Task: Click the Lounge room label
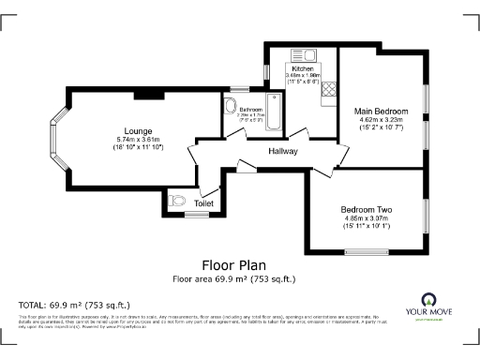pyautogui.click(x=138, y=130)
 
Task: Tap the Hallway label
pyautogui.click(x=283, y=151)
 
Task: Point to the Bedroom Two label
pyautogui.click(x=366, y=208)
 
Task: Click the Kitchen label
pyautogui.click(x=302, y=69)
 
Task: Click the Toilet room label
pyautogui.click(x=203, y=203)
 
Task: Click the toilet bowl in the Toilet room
pyautogui.click(x=176, y=201)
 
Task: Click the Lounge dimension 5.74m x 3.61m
pyautogui.click(x=138, y=140)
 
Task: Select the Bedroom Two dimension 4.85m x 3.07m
pyautogui.click(x=366, y=218)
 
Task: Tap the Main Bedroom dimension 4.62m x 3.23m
pyautogui.click(x=382, y=121)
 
